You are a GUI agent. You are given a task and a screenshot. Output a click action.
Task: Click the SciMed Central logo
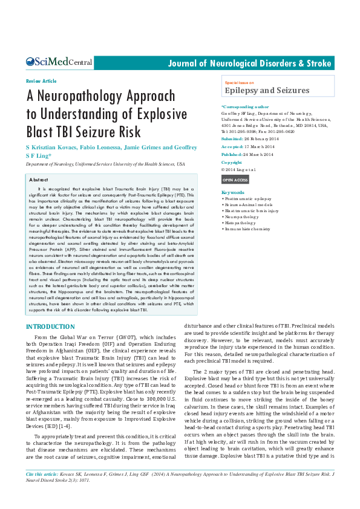pyautogui.click(x=59, y=62)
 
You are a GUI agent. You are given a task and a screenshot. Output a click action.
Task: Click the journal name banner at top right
pyautogui.click(x=249, y=63)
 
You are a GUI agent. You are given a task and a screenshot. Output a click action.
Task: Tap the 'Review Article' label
pyautogui.click(x=41, y=81)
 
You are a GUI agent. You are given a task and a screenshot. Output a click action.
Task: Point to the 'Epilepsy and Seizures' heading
pyautogui.click(x=267, y=91)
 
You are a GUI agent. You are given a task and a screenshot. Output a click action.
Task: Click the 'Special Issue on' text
pyautogui.click(x=239, y=82)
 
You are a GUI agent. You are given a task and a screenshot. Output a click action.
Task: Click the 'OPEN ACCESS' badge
pyautogui.click(x=235, y=180)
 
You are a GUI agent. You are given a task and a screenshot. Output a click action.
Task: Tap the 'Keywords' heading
pyautogui.click(x=233, y=192)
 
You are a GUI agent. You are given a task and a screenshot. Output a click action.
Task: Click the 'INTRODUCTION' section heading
pyautogui.click(x=50, y=327)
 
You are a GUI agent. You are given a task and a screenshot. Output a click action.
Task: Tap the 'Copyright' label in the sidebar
pyautogui.click(x=232, y=162)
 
